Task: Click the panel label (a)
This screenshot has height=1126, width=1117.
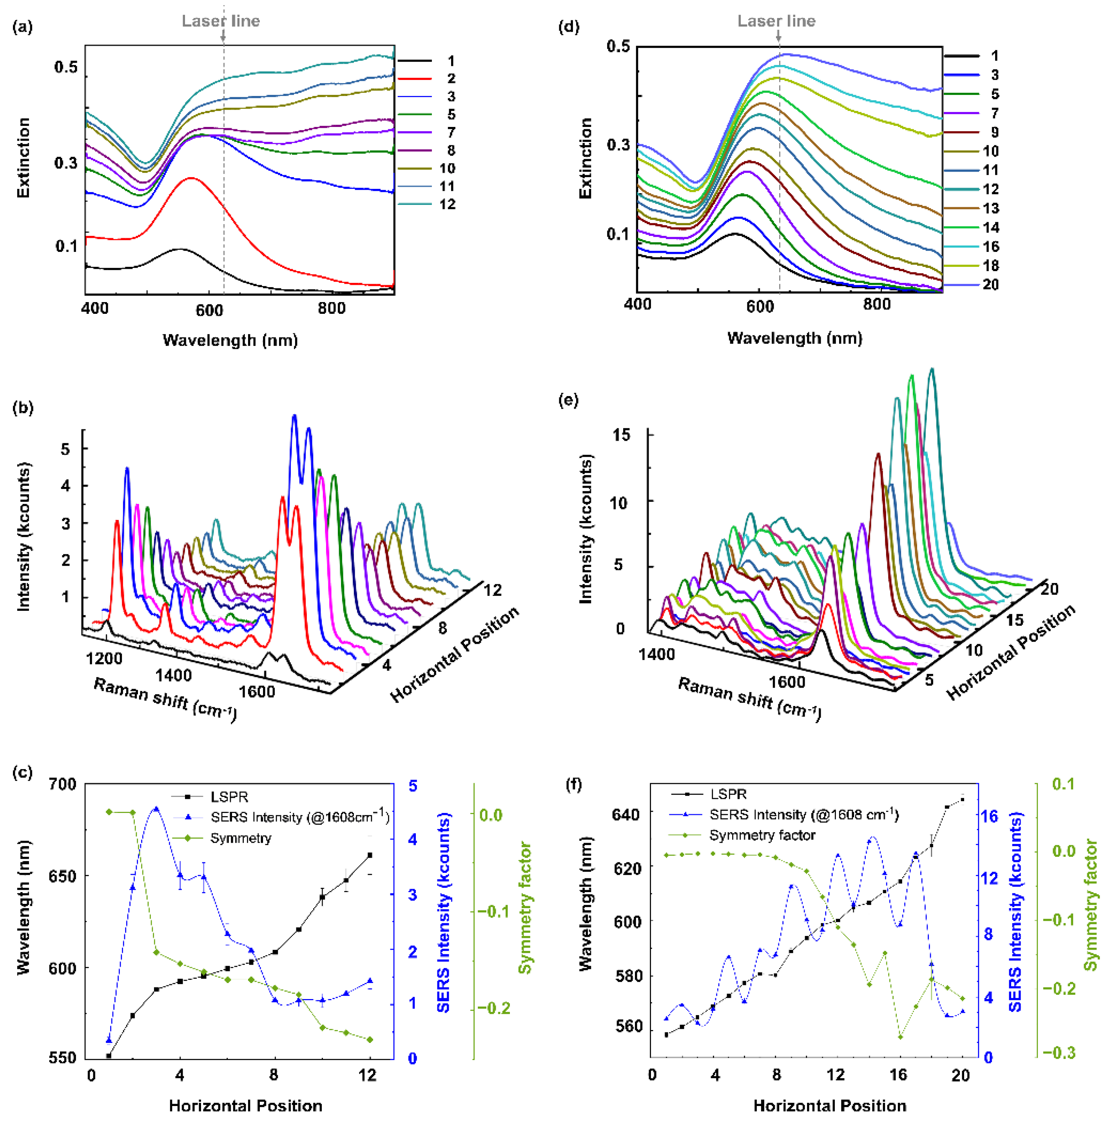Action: (23, 27)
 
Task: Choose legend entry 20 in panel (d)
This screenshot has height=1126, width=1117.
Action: (990, 284)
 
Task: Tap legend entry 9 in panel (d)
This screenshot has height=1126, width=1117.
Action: (994, 132)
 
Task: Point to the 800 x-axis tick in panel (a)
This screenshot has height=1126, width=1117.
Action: (331, 308)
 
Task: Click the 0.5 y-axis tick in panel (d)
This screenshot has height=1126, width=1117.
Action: (618, 47)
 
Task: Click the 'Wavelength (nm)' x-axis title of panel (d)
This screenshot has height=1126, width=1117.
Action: (794, 338)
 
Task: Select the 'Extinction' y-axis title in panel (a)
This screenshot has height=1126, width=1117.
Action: (23, 157)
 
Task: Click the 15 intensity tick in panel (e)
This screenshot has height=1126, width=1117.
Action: (622, 435)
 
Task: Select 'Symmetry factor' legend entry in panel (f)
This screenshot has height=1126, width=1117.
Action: (762, 835)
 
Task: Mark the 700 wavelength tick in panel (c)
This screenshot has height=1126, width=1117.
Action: (62, 784)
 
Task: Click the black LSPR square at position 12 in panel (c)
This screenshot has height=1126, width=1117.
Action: (370, 855)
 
